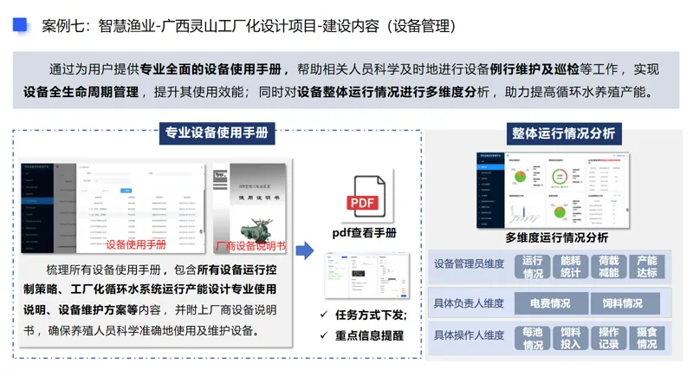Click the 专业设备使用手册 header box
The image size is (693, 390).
tap(218, 133)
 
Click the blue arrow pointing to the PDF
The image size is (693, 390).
tap(303, 251)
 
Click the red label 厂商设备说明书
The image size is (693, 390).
tap(249, 245)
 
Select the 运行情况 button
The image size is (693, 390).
tap(533, 266)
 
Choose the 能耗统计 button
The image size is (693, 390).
tap(571, 266)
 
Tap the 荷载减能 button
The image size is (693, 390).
tap(608, 266)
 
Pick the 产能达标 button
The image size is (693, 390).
tap(646, 266)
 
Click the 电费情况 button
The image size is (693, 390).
tap(549, 303)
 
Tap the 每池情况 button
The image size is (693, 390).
tap(533, 338)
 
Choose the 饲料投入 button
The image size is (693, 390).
tap(571, 338)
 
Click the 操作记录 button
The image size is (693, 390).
tap(608, 338)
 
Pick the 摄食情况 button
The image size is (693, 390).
tap(646, 338)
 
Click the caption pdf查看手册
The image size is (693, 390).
tap(364, 232)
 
